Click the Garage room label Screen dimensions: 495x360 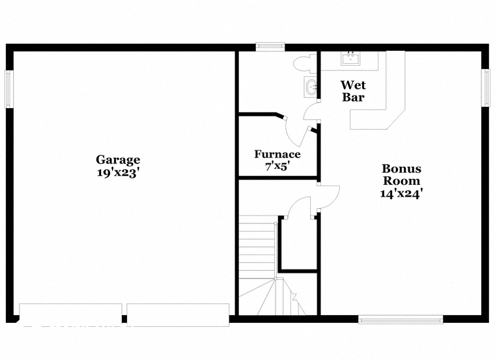pyautogui.click(x=118, y=159)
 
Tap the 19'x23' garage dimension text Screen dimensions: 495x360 pyautogui.click(x=118, y=173)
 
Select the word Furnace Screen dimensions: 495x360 pyautogui.click(x=277, y=154)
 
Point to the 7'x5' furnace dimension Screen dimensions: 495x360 pyautogui.click(x=277, y=166)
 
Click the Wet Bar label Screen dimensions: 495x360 pyautogui.click(x=353, y=91)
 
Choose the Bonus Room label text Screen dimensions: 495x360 pyautogui.click(x=402, y=174)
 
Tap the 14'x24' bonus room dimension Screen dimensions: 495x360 pyautogui.click(x=402, y=193)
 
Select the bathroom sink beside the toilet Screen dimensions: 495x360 pyautogui.click(x=311, y=87)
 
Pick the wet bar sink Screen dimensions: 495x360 pyautogui.click(x=350, y=59)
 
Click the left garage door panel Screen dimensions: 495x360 pyautogui.click(x=71, y=314)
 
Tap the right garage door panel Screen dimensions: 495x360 pyautogui.click(x=178, y=314)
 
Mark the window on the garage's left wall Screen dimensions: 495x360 pyautogui.click(x=9, y=89)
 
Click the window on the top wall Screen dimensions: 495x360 pyautogui.click(x=270, y=47)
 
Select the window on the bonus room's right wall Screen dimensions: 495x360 pyautogui.click(x=485, y=87)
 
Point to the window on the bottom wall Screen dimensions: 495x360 pyautogui.click(x=401, y=319)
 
